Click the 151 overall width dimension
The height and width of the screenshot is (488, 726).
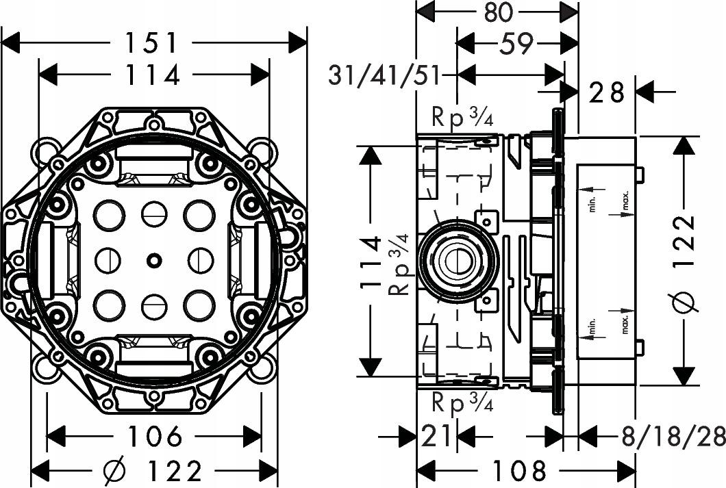[x=153, y=42]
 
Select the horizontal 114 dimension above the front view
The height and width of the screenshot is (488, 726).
[x=153, y=75]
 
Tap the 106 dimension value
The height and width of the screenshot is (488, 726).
[x=154, y=436]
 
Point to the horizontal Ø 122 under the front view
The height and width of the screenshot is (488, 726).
[x=153, y=470]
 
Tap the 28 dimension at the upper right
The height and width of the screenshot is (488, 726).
[x=607, y=91]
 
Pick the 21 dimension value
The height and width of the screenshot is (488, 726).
[x=436, y=436]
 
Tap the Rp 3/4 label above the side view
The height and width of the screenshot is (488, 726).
[x=462, y=118]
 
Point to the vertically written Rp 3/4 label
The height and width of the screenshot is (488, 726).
[x=399, y=264]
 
